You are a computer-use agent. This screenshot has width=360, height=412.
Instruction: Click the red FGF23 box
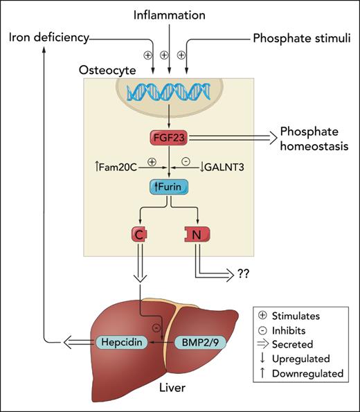170,138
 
